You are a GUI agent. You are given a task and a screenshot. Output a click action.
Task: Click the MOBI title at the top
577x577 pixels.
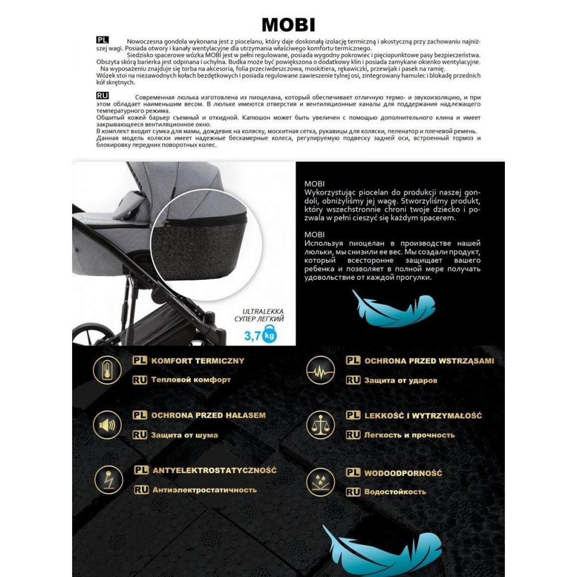click(x=288, y=25)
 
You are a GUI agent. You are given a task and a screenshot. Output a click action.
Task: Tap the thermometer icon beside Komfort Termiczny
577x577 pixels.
click(x=107, y=370)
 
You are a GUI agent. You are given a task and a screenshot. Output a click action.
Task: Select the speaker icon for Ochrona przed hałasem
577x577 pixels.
click(x=107, y=425)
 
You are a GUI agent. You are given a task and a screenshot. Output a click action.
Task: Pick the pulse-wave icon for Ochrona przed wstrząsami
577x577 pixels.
click(x=320, y=370)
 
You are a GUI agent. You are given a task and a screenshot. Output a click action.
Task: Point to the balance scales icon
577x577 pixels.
click(x=320, y=425)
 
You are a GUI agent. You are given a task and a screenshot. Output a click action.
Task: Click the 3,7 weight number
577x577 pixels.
click(x=252, y=335)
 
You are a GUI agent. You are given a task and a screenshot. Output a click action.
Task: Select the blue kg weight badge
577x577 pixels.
click(x=270, y=335)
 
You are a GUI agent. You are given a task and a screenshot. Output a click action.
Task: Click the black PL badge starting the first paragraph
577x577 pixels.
click(x=102, y=40)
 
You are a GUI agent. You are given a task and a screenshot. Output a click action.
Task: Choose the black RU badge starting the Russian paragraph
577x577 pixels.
click(x=102, y=96)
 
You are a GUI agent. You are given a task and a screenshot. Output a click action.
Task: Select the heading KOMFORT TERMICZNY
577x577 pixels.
click(x=198, y=361)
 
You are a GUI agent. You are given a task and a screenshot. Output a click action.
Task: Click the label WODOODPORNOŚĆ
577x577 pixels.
click(x=403, y=473)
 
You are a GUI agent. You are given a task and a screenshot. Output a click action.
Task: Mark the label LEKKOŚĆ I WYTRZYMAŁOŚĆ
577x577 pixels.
click(x=423, y=416)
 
